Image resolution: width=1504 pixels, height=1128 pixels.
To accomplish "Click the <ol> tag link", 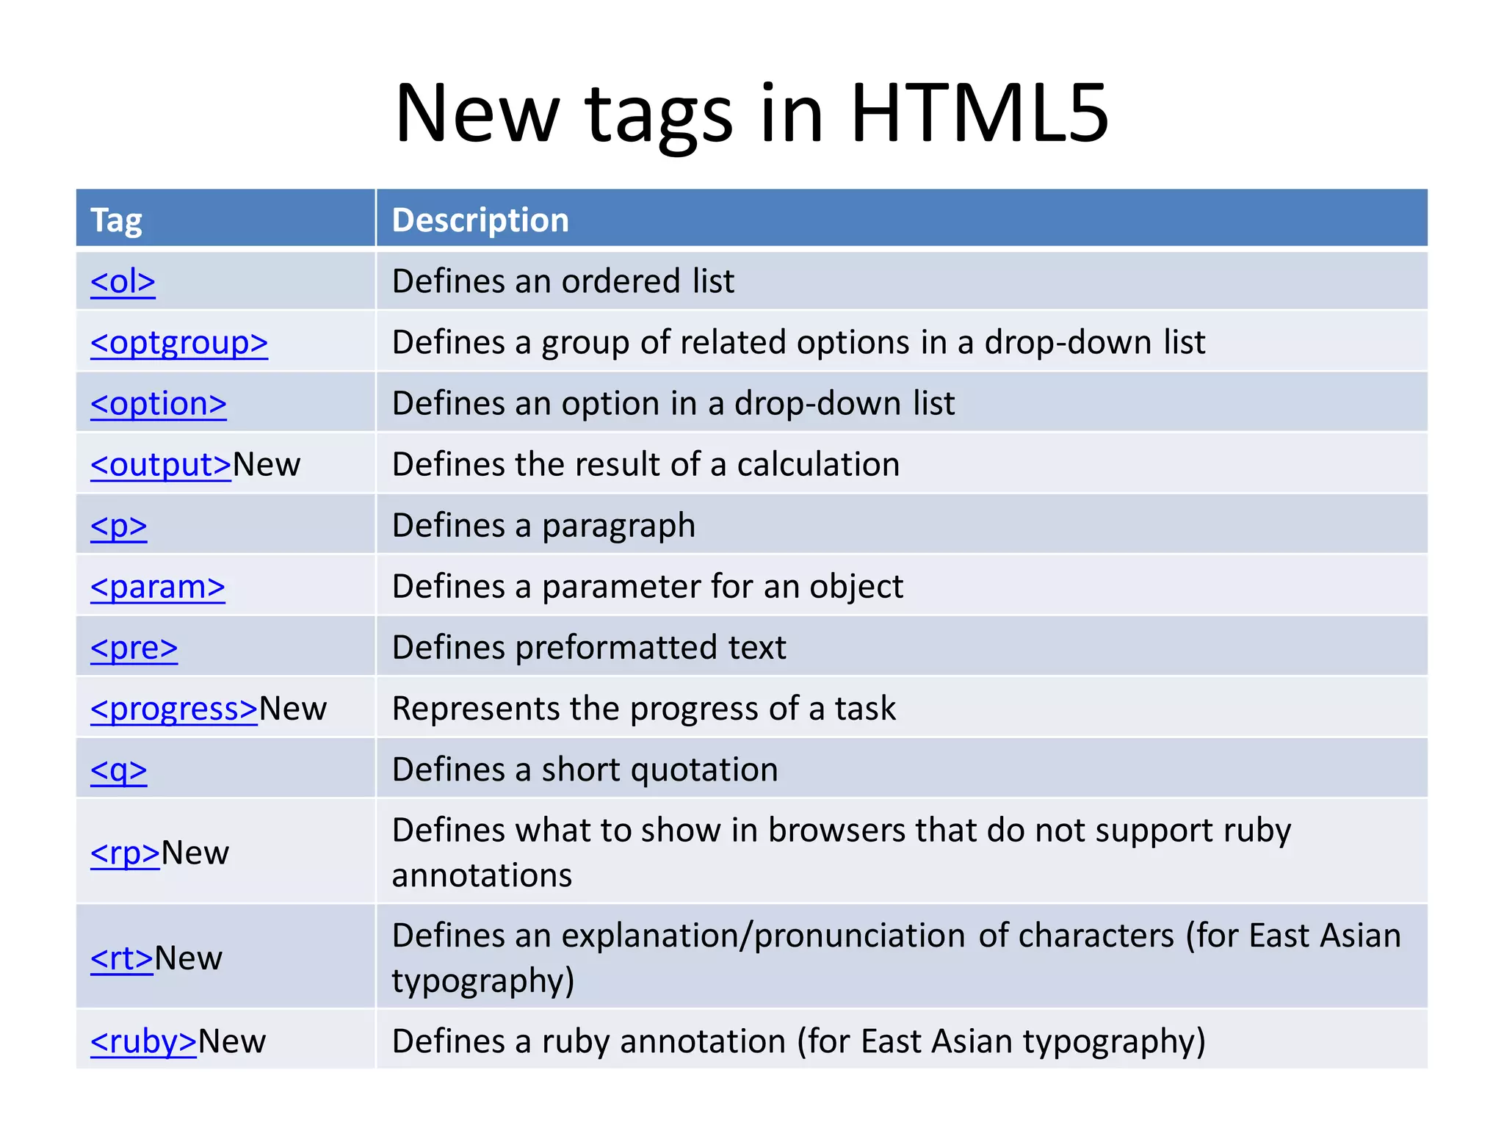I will [123, 281].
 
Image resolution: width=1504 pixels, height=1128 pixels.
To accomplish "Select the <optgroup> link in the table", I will [179, 342].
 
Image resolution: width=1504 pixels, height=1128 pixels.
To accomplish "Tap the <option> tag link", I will [159, 403].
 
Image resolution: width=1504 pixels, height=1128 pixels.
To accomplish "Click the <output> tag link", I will [161, 464].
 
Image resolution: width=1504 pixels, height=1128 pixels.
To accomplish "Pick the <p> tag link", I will [119, 526].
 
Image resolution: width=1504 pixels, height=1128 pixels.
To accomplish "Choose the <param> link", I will [158, 587].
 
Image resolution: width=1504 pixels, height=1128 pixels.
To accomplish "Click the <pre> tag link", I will [134, 648].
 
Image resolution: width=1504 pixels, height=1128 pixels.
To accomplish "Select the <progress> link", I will [174, 709].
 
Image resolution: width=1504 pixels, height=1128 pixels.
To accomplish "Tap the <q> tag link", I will [119, 770].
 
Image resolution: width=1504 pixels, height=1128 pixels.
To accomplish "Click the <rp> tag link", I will [125, 853].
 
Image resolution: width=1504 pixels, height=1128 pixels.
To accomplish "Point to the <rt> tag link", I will [122, 958].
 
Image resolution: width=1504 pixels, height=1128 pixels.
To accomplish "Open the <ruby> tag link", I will [143, 1041].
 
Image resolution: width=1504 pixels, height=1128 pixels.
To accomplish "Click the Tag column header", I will [116, 220].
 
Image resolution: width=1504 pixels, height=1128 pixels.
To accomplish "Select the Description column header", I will [480, 220].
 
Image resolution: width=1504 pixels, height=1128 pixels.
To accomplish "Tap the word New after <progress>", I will [293, 709].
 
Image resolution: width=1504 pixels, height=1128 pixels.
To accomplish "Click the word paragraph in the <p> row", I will [618, 526].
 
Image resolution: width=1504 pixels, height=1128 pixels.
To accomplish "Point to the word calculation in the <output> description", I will [818, 464].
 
